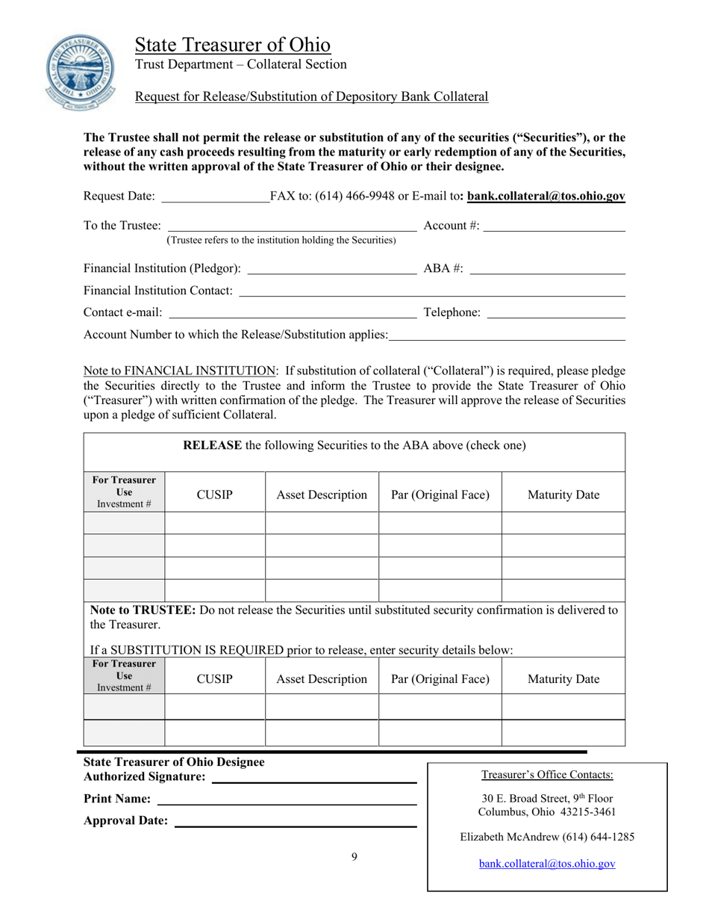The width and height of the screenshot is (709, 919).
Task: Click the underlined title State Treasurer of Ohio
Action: coord(232,45)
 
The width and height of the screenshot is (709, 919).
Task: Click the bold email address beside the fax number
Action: coord(546,197)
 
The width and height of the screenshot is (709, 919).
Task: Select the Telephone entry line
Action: coord(555,312)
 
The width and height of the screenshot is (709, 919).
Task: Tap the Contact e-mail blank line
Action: coord(293,312)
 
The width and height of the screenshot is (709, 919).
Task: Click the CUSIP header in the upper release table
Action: coord(214,495)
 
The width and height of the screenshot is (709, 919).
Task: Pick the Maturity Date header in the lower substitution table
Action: coord(563,679)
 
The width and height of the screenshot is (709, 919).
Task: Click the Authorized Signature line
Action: coord(314,779)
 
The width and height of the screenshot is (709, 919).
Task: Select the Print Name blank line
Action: coord(287,800)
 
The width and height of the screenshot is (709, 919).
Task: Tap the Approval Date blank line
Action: coord(295,822)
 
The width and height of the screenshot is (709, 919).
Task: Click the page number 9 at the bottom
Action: coord(354,857)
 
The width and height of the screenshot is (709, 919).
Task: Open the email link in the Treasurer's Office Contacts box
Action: coord(547,864)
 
